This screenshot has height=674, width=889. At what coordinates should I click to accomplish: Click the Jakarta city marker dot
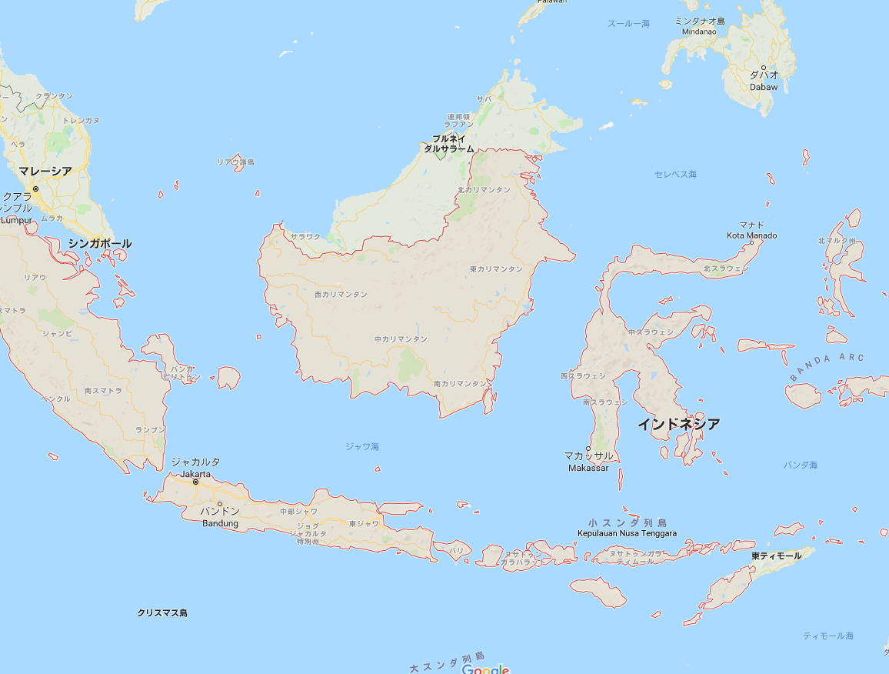(x=195, y=482)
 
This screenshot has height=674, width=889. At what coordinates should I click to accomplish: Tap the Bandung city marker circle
(x=220, y=504)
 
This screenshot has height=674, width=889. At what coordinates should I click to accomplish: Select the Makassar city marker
(x=588, y=449)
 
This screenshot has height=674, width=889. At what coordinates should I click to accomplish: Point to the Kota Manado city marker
(x=752, y=243)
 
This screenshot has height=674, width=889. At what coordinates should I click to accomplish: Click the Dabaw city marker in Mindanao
(x=764, y=68)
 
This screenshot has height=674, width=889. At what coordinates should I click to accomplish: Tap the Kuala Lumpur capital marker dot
(x=35, y=189)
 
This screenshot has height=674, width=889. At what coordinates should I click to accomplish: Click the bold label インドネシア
(x=679, y=424)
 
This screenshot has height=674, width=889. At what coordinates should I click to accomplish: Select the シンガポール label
(x=100, y=243)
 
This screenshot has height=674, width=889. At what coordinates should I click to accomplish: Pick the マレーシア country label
(x=45, y=171)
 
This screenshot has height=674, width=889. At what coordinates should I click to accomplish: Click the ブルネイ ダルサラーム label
(x=449, y=143)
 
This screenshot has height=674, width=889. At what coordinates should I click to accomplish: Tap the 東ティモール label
(x=777, y=556)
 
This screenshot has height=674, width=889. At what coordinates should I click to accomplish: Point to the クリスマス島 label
(x=162, y=613)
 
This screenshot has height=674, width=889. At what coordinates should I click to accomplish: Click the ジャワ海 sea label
(x=361, y=446)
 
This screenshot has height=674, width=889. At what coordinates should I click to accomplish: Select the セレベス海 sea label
(x=675, y=175)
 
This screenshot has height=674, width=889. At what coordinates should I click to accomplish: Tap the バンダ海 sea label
(x=801, y=465)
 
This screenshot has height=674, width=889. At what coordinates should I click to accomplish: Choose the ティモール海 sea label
(x=828, y=636)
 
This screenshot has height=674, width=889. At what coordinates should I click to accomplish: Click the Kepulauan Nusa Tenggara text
(x=628, y=533)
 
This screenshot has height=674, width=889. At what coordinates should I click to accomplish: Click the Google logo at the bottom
(x=485, y=669)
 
